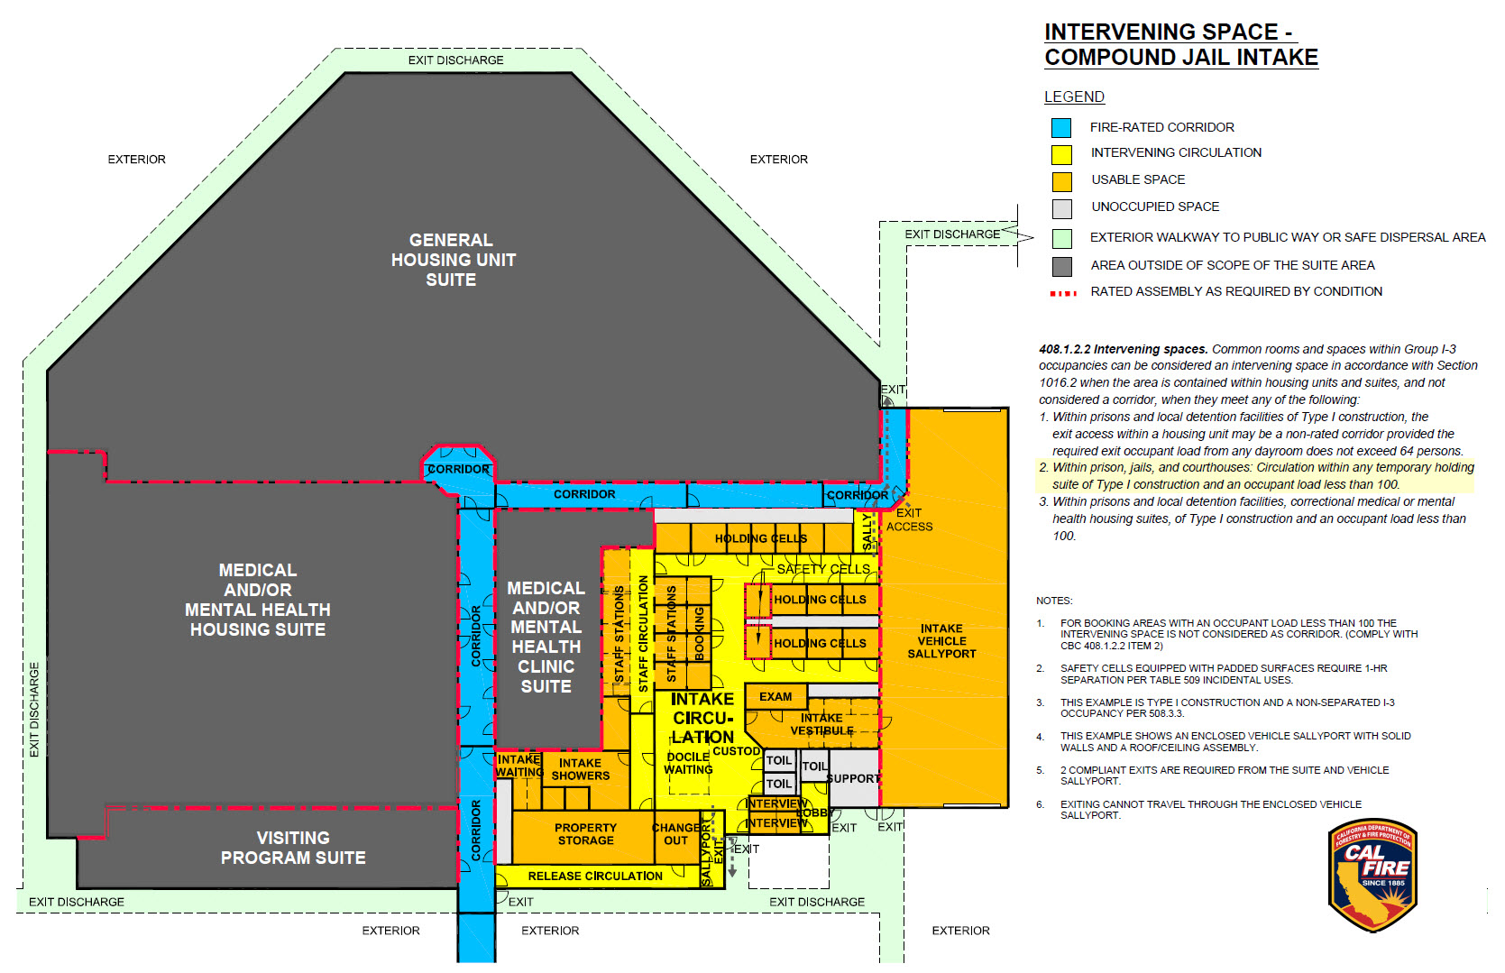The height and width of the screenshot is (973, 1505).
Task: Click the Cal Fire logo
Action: tap(1372, 876)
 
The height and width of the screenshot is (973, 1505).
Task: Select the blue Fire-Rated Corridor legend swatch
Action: tap(1061, 128)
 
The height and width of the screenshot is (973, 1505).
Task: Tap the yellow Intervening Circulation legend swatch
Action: tap(1061, 154)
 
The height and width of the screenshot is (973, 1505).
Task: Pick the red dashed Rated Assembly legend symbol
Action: tap(1063, 293)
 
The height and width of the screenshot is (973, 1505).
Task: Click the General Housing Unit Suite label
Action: tap(453, 260)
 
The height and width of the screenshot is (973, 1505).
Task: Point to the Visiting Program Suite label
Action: tap(293, 848)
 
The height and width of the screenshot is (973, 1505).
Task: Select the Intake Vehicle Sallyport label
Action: tap(941, 641)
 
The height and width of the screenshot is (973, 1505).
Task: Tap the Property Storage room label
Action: tap(585, 834)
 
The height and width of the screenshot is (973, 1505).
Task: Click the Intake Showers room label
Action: tap(580, 769)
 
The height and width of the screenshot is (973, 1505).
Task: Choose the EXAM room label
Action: tap(775, 697)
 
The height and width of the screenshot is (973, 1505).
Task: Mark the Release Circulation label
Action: tap(595, 877)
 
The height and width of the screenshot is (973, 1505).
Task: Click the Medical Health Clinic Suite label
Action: tap(546, 637)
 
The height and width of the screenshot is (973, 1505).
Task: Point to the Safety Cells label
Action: tap(823, 569)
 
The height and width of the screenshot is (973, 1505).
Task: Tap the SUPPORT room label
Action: tap(853, 778)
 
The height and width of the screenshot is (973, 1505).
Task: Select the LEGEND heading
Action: tap(1074, 97)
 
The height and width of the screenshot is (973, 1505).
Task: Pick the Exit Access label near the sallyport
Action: tap(909, 519)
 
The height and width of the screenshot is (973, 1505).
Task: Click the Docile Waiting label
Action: tap(688, 763)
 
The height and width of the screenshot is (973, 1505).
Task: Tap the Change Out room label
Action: tap(676, 834)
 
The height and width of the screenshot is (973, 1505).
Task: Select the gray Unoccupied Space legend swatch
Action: tap(1061, 208)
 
